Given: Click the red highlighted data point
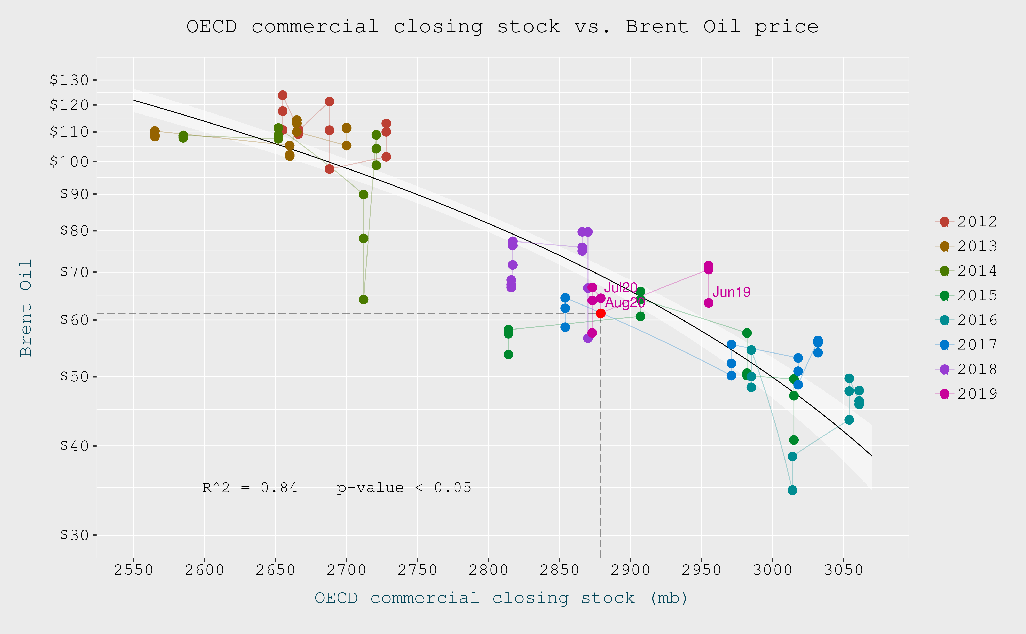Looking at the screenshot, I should coord(600,313).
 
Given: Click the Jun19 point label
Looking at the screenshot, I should coord(731,292).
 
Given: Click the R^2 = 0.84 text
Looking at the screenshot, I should coord(250,488).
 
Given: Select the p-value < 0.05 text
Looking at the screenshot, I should coord(404,488).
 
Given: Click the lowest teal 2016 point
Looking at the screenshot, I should coord(792,490).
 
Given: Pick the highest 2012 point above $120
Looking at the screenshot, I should coord(283,95).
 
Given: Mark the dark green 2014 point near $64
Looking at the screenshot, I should coord(364,299).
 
